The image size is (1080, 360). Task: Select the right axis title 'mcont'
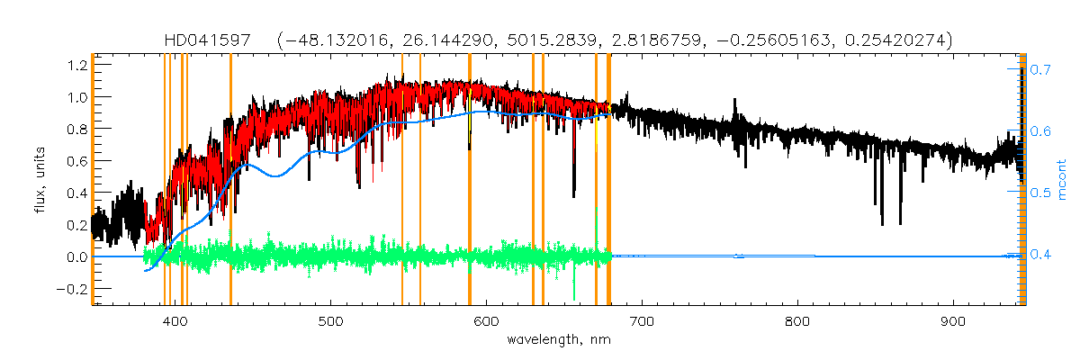[1062, 180]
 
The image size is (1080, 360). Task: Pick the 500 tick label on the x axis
[331, 321]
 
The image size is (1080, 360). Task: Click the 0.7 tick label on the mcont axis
[1039, 69]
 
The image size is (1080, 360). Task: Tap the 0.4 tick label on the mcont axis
[1039, 255]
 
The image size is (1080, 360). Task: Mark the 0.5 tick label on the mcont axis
[1039, 193]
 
